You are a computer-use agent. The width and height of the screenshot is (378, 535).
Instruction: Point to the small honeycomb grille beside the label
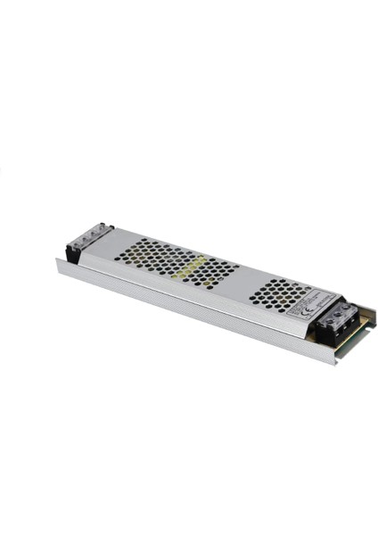pos(278,292)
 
